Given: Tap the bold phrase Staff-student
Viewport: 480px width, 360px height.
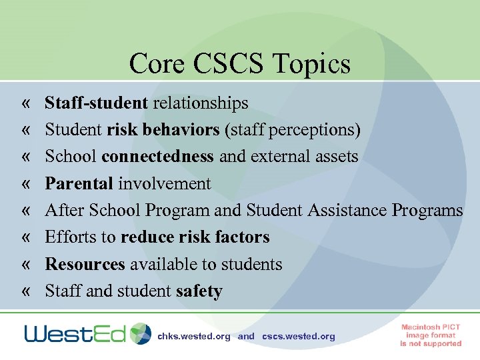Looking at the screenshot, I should click(96, 103).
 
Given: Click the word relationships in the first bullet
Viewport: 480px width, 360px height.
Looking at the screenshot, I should click(201, 103).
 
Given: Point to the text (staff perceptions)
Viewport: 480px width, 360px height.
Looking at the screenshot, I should click(293, 130).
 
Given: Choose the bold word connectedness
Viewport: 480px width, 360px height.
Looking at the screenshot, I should click(157, 157).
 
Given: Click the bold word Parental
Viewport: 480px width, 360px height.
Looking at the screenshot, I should click(79, 183).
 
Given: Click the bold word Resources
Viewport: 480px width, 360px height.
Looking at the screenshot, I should click(85, 264).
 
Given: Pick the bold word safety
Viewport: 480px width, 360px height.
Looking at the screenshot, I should click(199, 291).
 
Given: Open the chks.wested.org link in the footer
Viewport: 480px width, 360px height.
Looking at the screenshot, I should click(194, 337).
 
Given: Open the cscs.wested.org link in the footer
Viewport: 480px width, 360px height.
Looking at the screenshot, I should click(299, 337).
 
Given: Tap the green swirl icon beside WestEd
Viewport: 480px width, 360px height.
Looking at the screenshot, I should click(141, 333).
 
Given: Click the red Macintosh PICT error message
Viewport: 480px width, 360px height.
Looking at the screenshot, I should click(431, 335).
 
